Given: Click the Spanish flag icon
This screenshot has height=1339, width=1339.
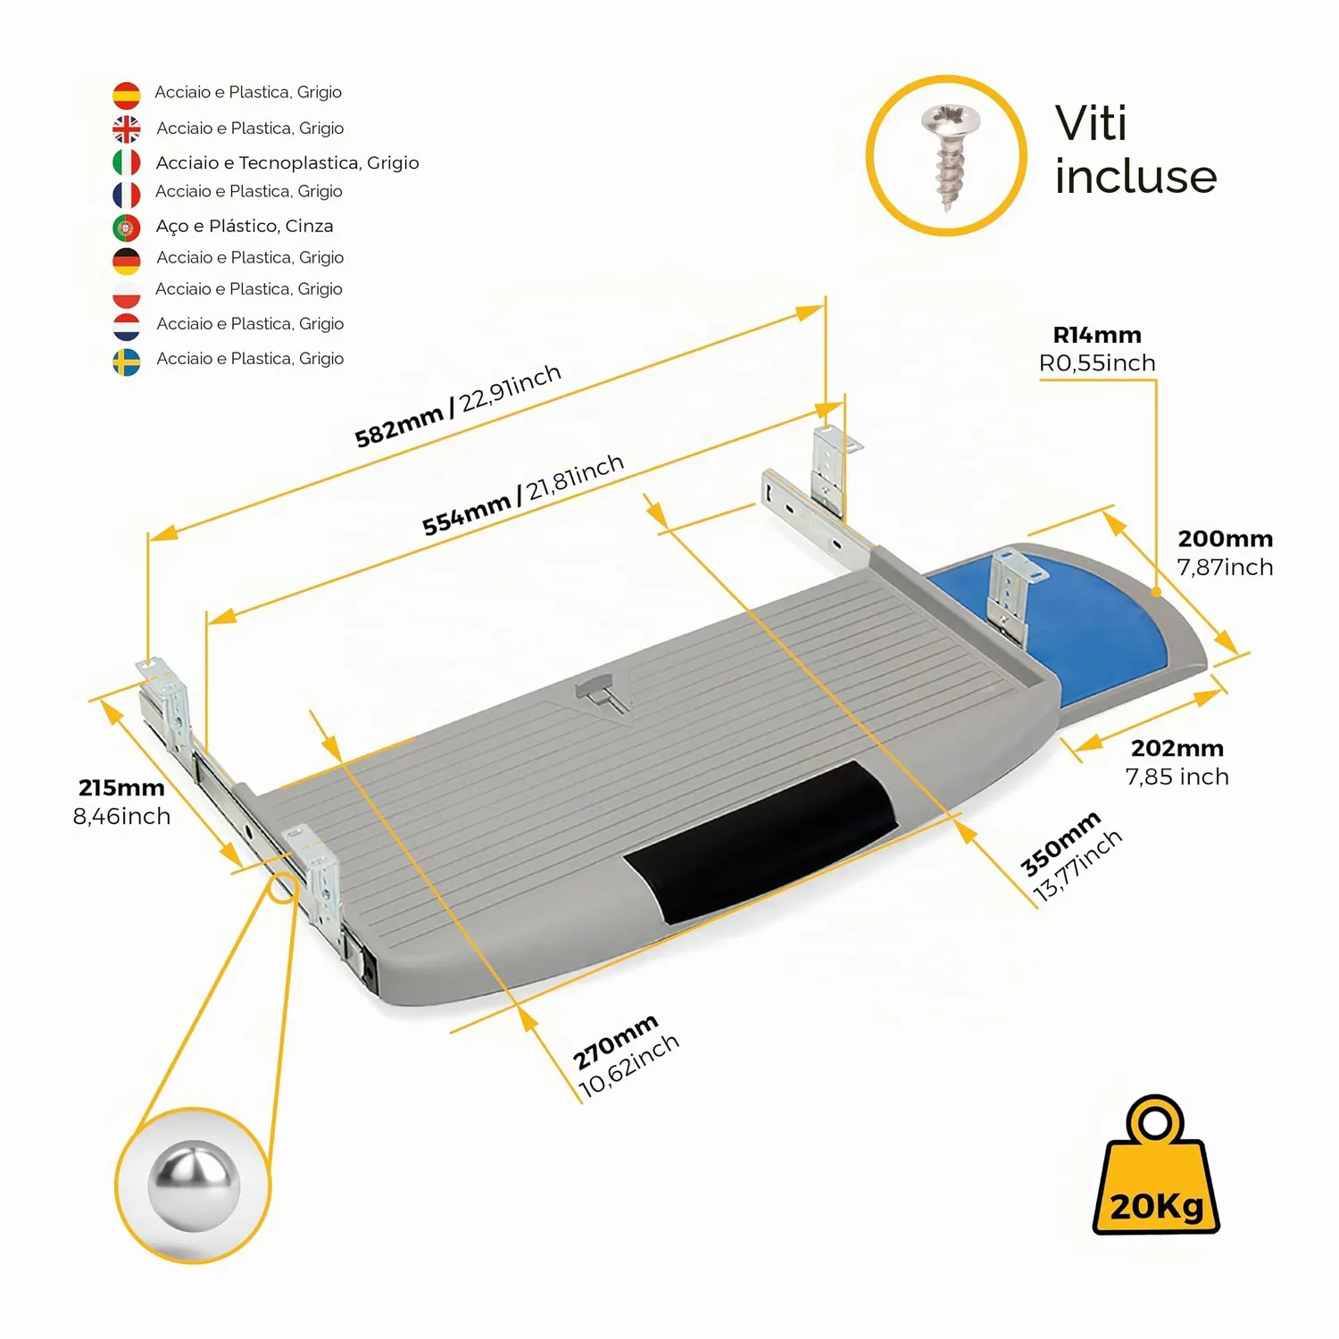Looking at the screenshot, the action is point(127,95).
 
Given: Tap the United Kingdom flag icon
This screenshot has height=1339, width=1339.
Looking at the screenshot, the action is point(127,129).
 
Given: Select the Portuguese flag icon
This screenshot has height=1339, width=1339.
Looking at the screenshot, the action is point(127,228).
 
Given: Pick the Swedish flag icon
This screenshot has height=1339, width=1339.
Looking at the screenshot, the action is point(127,362).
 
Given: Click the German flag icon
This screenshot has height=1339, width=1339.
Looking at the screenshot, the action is point(127,261).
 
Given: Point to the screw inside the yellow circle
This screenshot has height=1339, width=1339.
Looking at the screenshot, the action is point(949,157).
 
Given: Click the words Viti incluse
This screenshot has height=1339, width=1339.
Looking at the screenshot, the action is point(1135,149).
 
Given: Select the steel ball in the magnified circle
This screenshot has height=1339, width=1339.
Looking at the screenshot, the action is point(194,1185).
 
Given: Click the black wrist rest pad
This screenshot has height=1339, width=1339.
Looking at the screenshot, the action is point(761,842).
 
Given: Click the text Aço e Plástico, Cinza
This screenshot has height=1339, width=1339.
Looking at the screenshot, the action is point(245,227).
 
